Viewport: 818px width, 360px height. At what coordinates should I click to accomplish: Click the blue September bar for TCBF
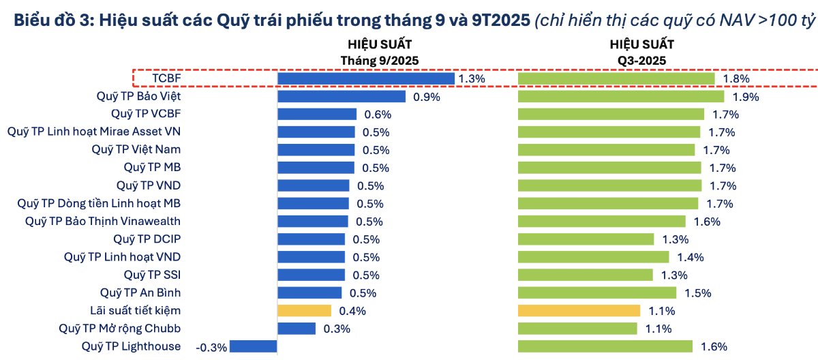coord(366,78)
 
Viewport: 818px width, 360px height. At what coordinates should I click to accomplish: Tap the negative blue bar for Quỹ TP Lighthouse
coord(253,346)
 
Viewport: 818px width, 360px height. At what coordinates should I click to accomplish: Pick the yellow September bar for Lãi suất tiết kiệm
coord(304,311)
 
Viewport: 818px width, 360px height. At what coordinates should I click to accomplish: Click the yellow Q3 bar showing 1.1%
coord(579,311)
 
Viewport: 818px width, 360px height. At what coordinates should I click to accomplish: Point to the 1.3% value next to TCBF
coord(472,78)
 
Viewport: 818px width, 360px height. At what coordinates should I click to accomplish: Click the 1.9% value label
coord(746,96)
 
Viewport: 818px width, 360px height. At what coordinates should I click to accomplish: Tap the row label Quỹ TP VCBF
coord(146,114)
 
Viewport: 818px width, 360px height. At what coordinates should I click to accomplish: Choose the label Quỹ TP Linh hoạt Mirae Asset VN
coord(94,132)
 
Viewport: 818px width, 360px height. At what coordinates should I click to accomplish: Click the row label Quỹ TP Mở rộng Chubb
coord(121,329)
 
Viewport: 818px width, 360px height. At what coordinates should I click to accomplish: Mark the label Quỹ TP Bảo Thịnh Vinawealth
coord(103,221)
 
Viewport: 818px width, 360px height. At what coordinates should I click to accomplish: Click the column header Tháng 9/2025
coord(380,60)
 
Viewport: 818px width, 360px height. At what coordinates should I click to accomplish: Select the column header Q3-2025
coord(641,60)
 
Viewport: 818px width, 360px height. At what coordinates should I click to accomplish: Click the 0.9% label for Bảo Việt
coord(427,96)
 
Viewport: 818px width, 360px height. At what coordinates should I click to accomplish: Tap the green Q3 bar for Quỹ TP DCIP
coord(586,239)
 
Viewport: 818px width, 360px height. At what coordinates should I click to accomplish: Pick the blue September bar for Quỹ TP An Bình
coord(309,292)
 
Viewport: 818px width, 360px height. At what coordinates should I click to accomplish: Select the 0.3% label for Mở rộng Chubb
coord(337,329)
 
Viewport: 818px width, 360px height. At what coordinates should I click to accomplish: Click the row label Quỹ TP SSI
coord(152,275)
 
